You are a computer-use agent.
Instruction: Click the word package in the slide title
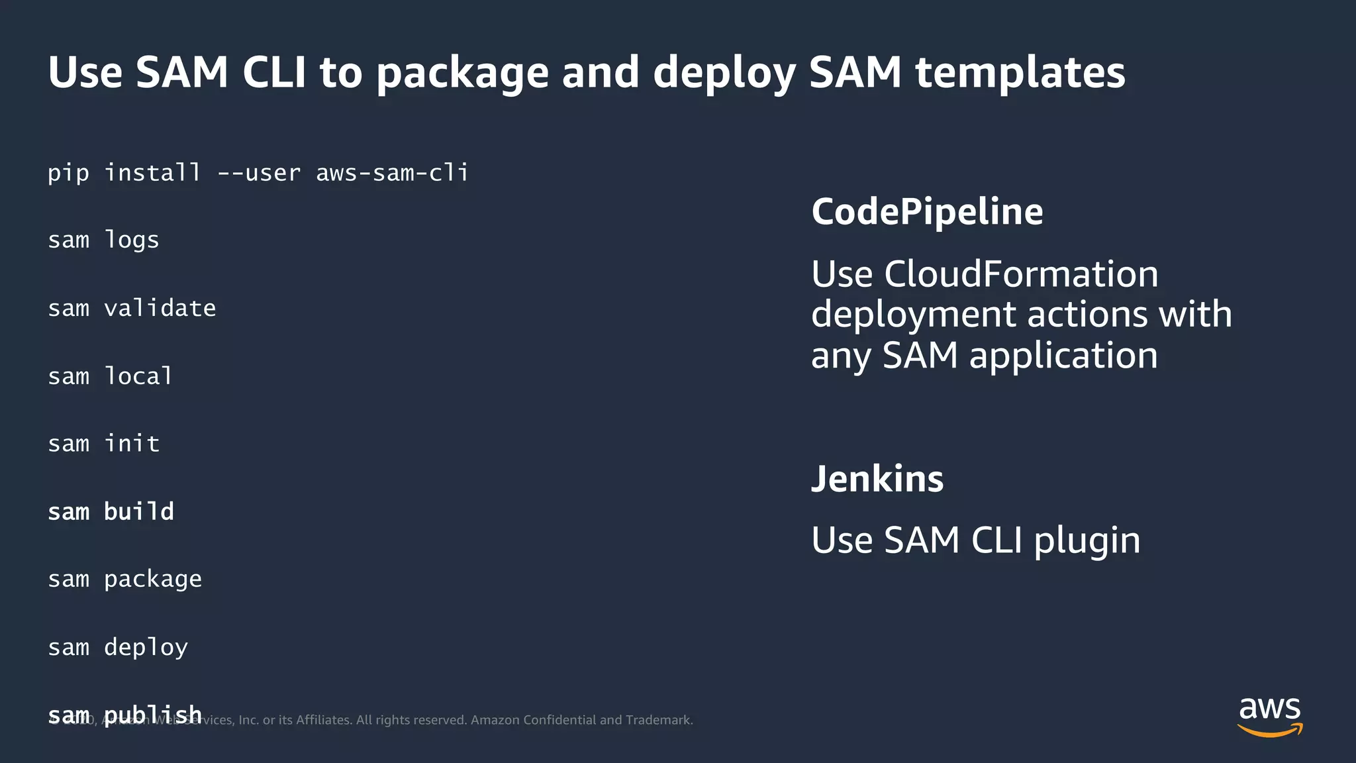[462, 73]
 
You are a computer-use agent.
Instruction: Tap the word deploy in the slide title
[724, 73]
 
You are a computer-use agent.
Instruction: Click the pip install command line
[258, 173]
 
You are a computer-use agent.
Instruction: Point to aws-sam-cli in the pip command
[392, 173]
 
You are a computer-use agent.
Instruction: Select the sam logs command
[103, 240]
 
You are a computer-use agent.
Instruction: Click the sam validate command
[132, 308]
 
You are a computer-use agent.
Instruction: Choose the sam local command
[110, 376]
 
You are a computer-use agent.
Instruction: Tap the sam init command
[103, 444]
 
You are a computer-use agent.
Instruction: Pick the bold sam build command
[111, 511]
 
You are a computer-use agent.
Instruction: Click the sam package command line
[124, 580]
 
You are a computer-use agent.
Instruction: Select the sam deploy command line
[118, 647]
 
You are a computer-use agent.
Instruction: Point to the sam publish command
[124, 714]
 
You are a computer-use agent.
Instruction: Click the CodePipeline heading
[927, 212]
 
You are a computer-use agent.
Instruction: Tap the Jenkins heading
[877, 479]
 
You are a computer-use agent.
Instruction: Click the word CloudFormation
[1020, 274]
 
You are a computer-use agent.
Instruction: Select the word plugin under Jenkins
[1087, 540]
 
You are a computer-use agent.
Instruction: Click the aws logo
[1269, 715]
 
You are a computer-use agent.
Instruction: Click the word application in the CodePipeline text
[1063, 356]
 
